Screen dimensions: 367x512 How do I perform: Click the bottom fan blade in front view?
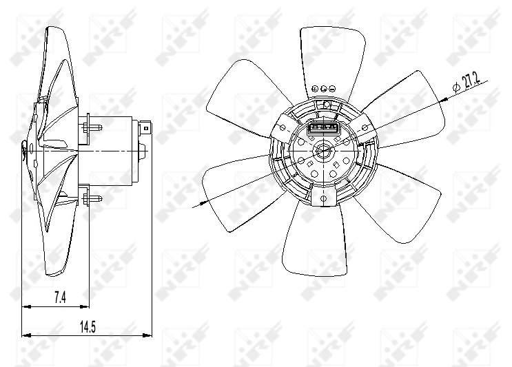point(314,241)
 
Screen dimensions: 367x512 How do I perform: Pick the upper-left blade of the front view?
point(238,90)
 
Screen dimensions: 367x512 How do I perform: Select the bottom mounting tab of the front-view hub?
point(322,197)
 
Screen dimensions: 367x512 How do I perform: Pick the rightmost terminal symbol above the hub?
point(332,89)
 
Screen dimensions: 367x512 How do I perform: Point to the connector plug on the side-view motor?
point(146,128)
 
